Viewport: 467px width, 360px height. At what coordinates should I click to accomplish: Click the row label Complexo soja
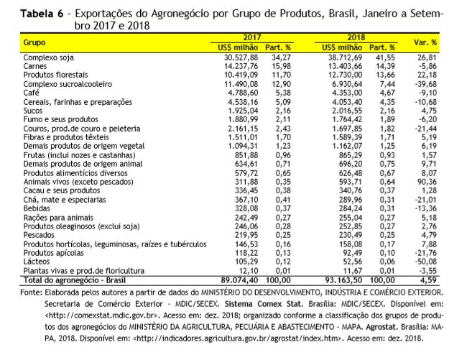pos(49,57)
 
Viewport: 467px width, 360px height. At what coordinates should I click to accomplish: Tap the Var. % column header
pos(425,42)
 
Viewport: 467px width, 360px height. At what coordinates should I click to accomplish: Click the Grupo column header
pos(34,42)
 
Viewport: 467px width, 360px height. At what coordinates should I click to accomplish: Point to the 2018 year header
pos(356,37)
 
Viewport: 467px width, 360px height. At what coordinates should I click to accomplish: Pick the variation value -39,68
pos(425,84)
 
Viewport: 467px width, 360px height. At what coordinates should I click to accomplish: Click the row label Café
pos(32,93)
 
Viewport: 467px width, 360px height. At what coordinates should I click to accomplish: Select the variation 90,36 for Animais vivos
pos(427,182)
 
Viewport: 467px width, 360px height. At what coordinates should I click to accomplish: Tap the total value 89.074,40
pos(239,280)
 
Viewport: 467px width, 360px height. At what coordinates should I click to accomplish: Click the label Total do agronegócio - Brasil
pos(75,280)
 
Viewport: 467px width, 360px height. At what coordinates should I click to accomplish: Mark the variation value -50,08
pos(425,262)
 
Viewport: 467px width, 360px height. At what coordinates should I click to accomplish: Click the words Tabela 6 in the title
pos(42,14)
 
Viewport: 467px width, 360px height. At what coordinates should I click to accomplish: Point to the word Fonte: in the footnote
pos(31,292)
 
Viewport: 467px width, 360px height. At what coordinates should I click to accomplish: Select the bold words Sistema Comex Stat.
pos(264,304)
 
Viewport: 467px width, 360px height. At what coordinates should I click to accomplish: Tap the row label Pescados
pos(39,235)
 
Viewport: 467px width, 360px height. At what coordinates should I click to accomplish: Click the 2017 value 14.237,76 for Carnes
pos(241,66)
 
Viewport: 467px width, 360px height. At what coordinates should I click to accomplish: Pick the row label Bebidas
pos(37,208)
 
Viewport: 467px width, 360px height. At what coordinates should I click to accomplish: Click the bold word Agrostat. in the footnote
pos(382,327)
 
